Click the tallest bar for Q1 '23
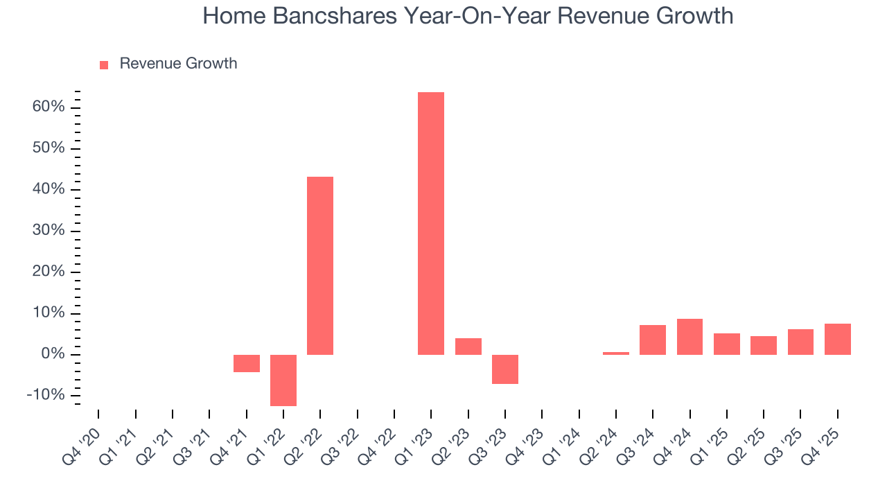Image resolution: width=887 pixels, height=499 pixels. pyautogui.click(x=430, y=223)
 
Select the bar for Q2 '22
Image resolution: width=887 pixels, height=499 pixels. pyautogui.click(x=320, y=265)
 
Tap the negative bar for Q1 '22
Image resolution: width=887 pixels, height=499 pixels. pyautogui.click(x=283, y=380)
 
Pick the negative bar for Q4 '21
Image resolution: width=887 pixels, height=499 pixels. pyautogui.click(x=246, y=363)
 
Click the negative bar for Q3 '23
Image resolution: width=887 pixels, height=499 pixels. pyautogui.click(x=505, y=369)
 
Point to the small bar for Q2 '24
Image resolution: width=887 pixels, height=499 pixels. pyautogui.click(x=616, y=353)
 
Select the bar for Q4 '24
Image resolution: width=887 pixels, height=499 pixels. pyautogui.click(x=690, y=337)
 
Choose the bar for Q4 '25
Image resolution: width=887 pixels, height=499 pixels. pyautogui.click(x=837, y=339)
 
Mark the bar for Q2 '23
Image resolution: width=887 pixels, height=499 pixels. pyautogui.click(x=468, y=346)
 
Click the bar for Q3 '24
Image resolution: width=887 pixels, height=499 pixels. pyautogui.click(x=653, y=340)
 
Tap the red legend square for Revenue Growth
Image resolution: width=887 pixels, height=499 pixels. pyautogui.click(x=104, y=64)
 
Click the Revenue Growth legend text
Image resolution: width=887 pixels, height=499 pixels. pyautogui.click(x=178, y=64)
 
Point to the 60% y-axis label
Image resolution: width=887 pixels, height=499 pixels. pyautogui.click(x=48, y=107)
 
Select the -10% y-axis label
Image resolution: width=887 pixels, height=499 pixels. pyautogui.click(x=45, y=395)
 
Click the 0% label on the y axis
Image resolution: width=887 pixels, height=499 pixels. pyautogui.click(x=53, y=354)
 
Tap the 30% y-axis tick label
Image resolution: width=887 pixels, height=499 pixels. pyautogui.click(x=48, y=231)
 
